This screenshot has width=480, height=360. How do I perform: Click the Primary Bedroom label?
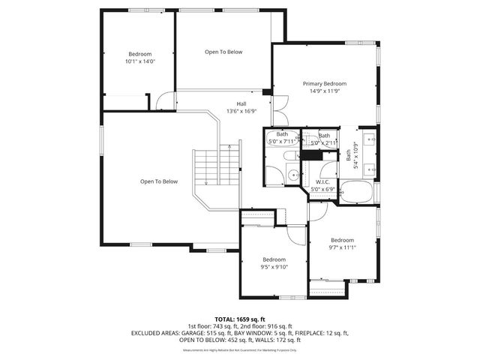(325, 83)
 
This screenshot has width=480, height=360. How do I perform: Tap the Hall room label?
(241, 104)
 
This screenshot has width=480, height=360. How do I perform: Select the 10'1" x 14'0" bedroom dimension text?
(139, 61)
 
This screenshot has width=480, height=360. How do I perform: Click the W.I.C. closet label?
(323, 182)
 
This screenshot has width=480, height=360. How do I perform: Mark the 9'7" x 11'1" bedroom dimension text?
(342, 247)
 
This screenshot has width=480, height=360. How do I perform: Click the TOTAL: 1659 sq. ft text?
(240, 319)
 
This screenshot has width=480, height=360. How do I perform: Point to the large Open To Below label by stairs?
(158, 181)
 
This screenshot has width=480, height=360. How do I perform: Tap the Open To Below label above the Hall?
(223, 52)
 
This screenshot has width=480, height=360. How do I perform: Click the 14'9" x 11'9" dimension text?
(325, 91)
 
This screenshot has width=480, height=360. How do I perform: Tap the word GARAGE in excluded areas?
(191, 331)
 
